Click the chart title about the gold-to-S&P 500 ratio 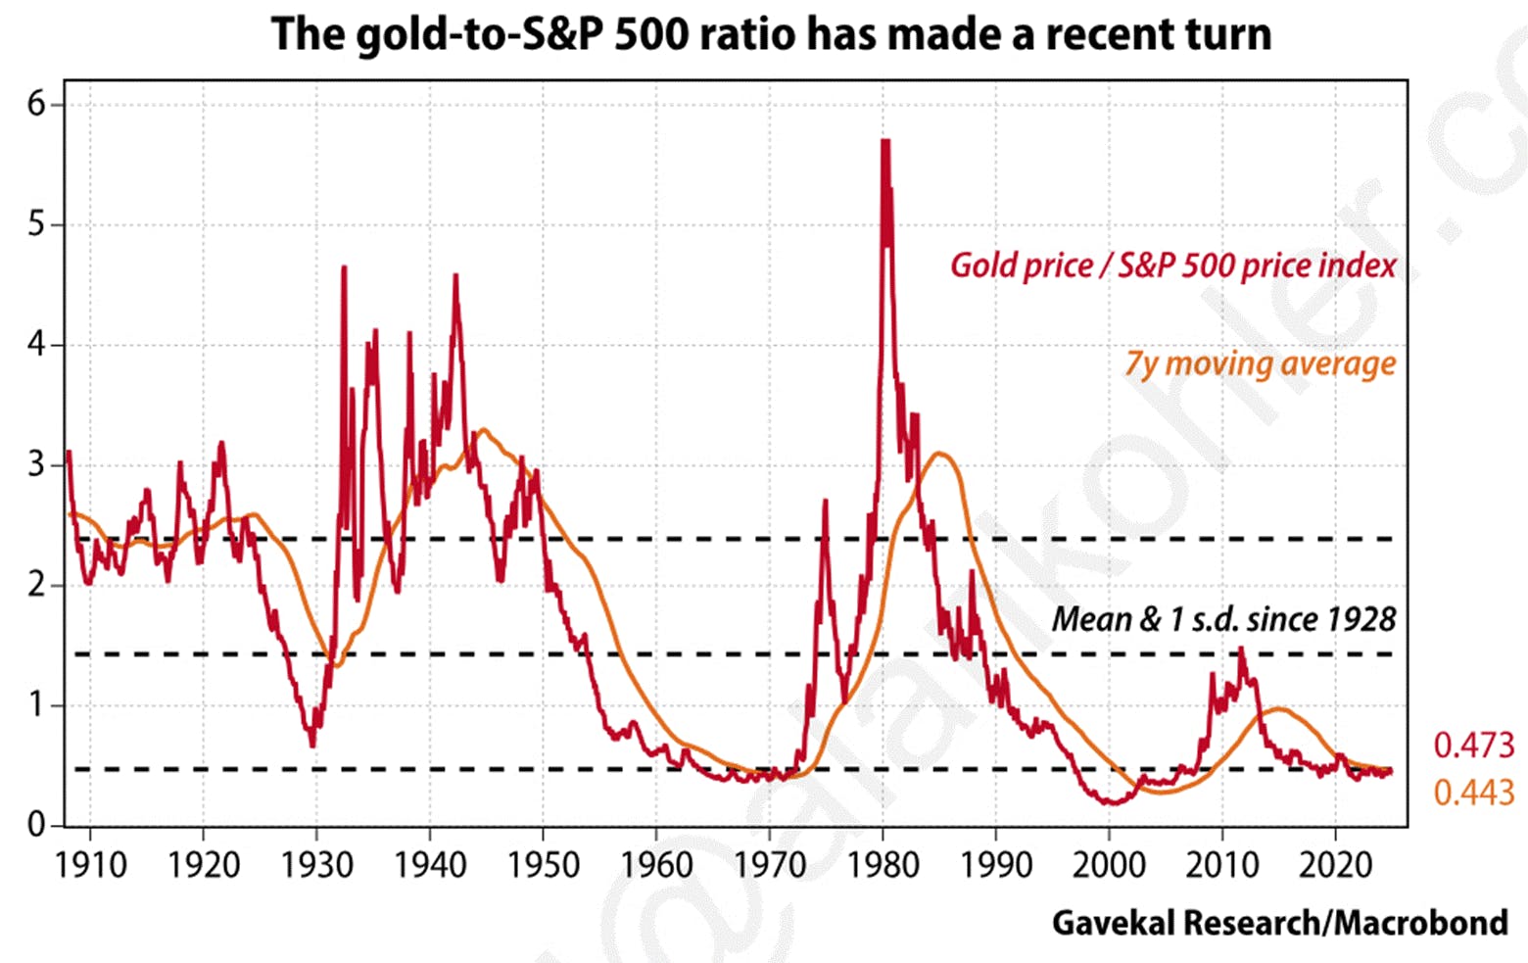pyautogui.click(x=771, y=34)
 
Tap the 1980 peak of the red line pyautogui.click(x=885, y=143)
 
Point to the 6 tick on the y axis pyautogui.click(x=37, y=104)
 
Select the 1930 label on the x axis pyautogui.click(x=316, y=865)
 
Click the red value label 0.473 pyautogui.click(x=1473, y=746)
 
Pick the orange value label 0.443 pyautogui.click(x=1473, y=792)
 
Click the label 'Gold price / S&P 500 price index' pyautogui.click(x=1172, y=265)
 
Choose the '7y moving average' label pyautogui.click(x=1260, y=363)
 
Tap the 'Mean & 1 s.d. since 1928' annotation pyautogui.click(x=1223, y=619)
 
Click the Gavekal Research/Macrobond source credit pyautogui.click(x=1279, y=923)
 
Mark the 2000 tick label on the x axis pyautogui.click(x=1109, y=865)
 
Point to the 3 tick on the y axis pyautogui.click(x=37, y=464)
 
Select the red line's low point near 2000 pyautogui.click(x=1112, y=804)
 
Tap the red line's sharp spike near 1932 pyautogui.click(x=344, y=267)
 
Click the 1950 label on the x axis pyautogui.click(x=543, y=865)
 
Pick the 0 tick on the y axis pyautogui.click(x=37, y=825)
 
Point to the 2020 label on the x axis pyautogui.click(x=1335, y=865)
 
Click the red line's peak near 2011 pyautogui.click(x=1241, y=649)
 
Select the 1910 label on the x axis pyautogui.click(x=91, y=865)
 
